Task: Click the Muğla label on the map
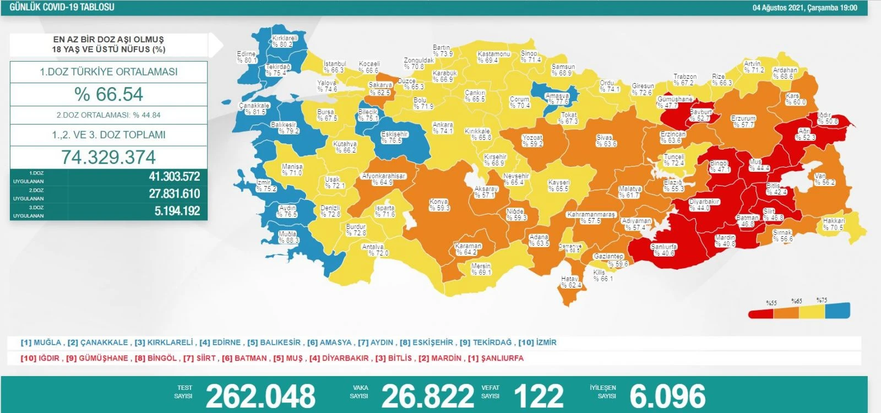289,237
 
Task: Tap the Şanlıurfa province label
664,250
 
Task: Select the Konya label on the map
439,205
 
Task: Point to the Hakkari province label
834,224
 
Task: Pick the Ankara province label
443,128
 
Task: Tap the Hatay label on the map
570,282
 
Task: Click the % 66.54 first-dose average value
108,94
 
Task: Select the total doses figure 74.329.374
108,157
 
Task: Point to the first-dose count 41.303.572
174,177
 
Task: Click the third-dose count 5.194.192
177,211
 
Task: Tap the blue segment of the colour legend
838,311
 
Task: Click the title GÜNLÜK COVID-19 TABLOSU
62,7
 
